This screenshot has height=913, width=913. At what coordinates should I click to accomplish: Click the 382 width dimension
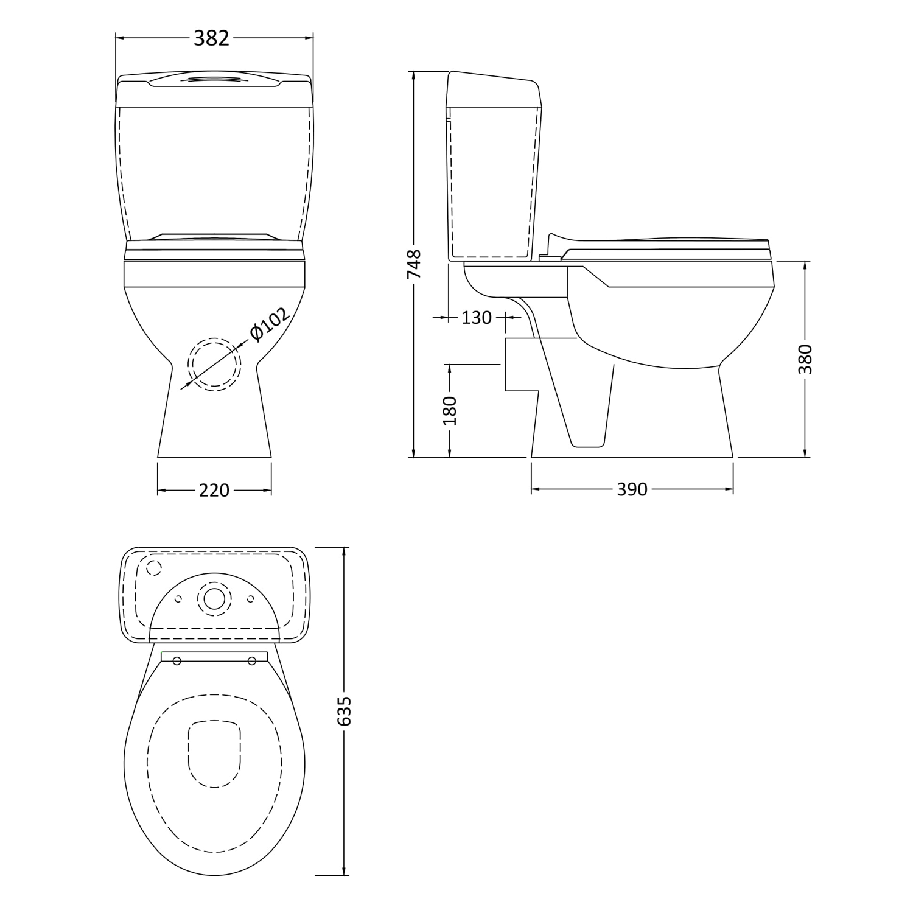(211, 38)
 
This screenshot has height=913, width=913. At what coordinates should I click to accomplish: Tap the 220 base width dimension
(214, 490)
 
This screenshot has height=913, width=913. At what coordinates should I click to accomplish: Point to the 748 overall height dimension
(414, 264)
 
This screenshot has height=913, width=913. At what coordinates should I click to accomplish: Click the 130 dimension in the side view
(476, 318)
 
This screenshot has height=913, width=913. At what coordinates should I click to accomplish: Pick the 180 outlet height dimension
(450, 410)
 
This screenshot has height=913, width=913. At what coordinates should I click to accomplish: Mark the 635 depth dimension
(345, 710)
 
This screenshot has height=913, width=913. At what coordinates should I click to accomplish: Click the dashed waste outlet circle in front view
(214, 363)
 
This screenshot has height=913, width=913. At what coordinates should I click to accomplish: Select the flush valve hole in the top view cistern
(214, 598)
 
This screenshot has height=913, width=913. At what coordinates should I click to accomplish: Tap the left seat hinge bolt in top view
(177, 662)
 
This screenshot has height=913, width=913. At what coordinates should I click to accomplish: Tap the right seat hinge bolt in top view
(251, 662)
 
